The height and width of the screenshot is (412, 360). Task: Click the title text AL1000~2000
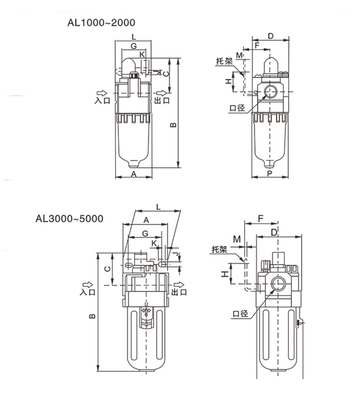click(x=100, y=22)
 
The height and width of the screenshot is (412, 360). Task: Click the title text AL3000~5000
click(x=70, y=218)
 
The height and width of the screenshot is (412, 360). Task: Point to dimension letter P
click(x=270, y=173)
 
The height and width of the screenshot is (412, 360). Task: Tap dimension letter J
click(x=179, y=257)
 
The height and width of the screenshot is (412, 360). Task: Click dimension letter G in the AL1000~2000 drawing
click(x=134, y=46)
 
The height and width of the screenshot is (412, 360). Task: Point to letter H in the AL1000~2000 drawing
click(x=229, y=81)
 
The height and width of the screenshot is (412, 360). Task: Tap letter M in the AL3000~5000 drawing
click(x=237, y=238)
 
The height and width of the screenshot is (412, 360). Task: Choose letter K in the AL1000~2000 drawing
click(x=142, y=54)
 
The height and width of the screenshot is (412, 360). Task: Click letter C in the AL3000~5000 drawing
click(x=108, y=269)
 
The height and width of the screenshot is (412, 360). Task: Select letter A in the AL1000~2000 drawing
click(x=134, y=173)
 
